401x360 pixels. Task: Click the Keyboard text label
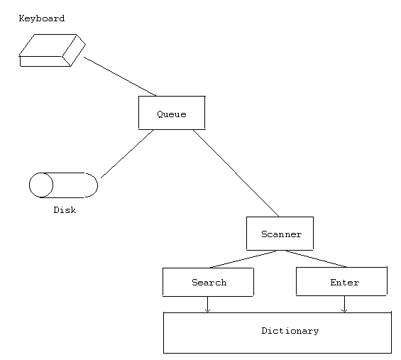click(x=41, y=18)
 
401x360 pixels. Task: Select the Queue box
click(x=171, y=112)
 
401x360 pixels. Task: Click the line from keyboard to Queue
click(x=119, y=76)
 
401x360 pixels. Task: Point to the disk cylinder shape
click(x=63, y=185)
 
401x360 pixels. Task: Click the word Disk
click(x=65, y=210)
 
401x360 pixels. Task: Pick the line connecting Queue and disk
click(x=128, y=153)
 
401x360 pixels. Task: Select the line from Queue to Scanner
click(x=236, y=173)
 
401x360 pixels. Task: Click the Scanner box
click(x=280, y=234)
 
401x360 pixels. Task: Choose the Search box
click(x=208, y=282)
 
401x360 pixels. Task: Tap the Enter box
click(x=341, y=282)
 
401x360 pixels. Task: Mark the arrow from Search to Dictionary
click(x=207, y=304)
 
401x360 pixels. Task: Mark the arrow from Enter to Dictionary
click(x=344, y=304)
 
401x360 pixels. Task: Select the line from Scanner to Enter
click(x=316, y=259)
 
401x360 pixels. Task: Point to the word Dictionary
click(x=290, y=331)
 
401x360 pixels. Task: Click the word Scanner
click(x=281, y=234)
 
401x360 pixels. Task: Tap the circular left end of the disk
click(x=41, y=185)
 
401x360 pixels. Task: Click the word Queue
click(x=171, y=114)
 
